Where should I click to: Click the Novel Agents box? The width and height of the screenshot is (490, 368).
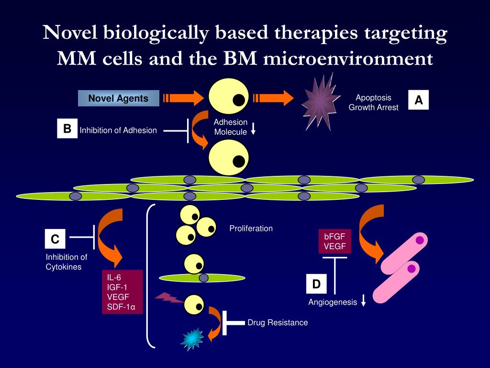[118, 99]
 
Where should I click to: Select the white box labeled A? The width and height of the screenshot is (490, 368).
[419, 100]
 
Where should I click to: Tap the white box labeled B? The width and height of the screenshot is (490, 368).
[67, 128]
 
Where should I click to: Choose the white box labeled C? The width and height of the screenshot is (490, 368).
[55, 239]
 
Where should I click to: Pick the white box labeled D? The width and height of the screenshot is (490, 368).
[316, 284]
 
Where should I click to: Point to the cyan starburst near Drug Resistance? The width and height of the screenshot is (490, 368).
[191, 338]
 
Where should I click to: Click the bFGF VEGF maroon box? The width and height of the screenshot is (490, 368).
[335, 241]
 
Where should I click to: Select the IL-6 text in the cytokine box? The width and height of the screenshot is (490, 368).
[114, 277]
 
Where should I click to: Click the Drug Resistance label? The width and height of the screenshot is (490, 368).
[278, 322]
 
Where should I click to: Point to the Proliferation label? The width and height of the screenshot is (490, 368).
[251, 228]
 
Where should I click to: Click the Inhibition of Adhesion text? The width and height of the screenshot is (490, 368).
[118, 130]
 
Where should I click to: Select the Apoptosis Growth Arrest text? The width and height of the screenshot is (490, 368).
[373, 103]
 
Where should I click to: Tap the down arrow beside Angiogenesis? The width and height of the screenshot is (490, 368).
[364, 301]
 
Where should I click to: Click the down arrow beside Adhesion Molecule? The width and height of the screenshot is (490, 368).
[254, 128]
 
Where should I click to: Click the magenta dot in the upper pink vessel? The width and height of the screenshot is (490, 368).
[420, 240]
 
